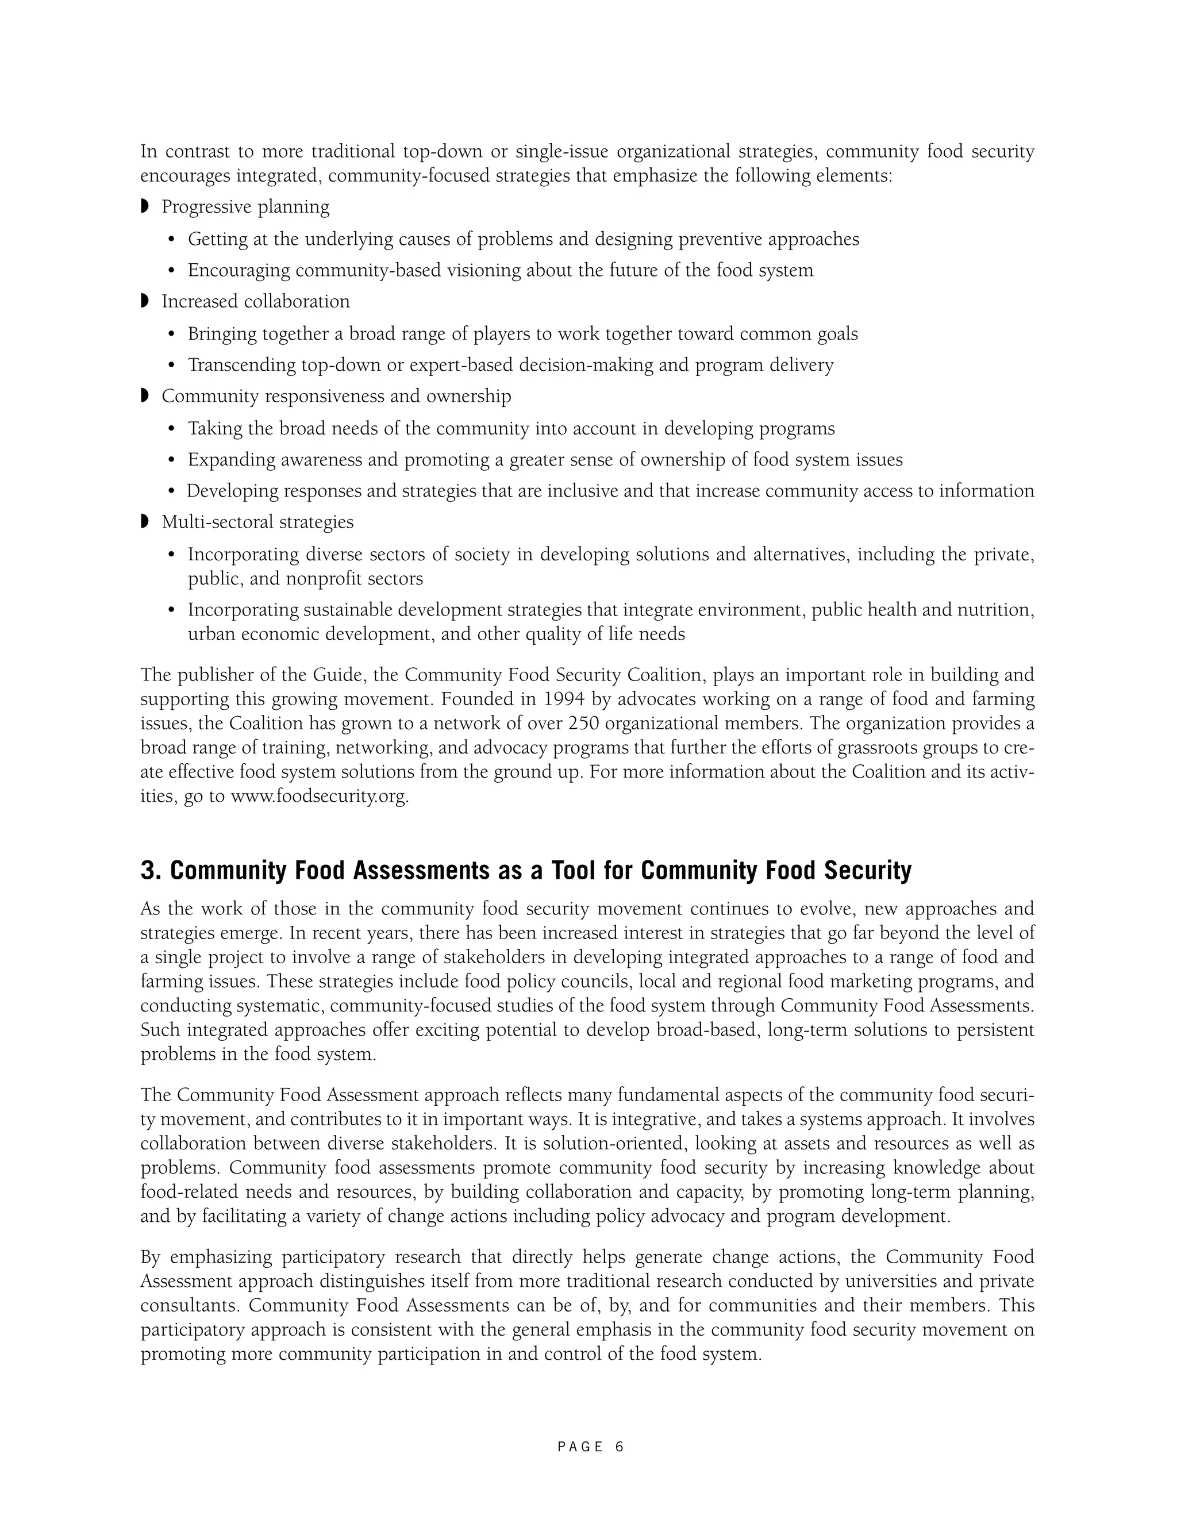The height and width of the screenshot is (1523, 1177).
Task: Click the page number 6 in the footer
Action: coord(619,1447)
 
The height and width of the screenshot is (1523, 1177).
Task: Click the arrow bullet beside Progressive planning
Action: coord(145,206)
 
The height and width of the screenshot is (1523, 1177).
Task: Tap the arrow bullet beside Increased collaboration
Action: coord(145,301)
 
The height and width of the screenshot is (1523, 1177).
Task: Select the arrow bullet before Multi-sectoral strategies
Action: coord(145,522)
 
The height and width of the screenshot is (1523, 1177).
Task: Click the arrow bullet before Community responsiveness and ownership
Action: coord(145,396)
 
